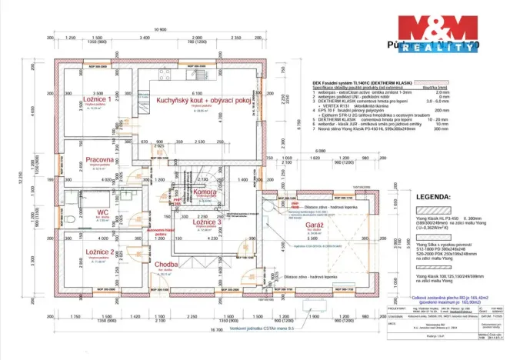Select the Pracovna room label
pos(101,160)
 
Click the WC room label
pos(102,212)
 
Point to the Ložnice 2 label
pos(99,252)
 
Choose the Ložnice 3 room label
pos(207,222)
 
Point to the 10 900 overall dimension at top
pos(161,29)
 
